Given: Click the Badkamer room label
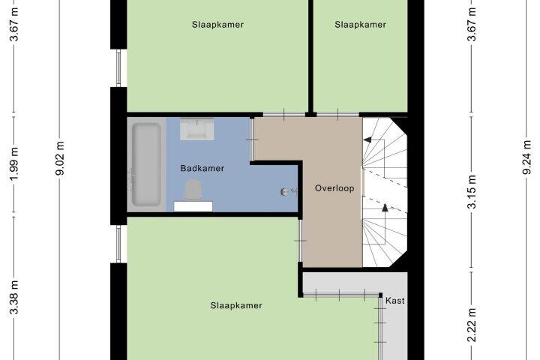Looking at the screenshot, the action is click(202, 168).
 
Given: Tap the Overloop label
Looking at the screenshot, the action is click(334, 188).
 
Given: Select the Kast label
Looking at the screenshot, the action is click(395, 301).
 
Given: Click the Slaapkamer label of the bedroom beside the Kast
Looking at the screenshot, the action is click(236, 305).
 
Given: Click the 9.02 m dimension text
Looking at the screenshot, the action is click(60, 158).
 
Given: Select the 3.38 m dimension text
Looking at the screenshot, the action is click(13, 297).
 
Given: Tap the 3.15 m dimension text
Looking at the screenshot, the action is click(472, 192).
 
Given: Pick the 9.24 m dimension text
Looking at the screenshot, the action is click(527, 157).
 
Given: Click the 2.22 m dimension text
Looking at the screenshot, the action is click(472, 325).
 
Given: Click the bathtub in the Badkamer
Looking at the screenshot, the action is click(146, 164).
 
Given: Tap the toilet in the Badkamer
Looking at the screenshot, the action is click(193, 189).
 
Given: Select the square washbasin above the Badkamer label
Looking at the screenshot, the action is click(197, 129).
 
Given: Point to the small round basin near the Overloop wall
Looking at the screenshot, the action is click(284, 192).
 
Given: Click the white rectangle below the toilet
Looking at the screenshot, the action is click(193, 206).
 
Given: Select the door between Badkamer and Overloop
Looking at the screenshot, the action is click(252, 139).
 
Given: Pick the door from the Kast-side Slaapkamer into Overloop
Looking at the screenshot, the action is click(300, 241).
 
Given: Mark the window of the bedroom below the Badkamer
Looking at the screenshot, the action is click(118, 244).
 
